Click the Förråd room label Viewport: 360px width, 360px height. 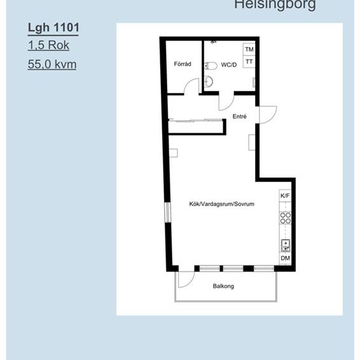182,64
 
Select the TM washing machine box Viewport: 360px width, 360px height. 249,49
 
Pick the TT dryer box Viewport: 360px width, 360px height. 249,62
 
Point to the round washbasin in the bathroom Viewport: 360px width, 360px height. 209,81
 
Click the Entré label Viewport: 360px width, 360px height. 240,116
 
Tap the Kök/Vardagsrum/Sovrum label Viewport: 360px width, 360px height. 222,204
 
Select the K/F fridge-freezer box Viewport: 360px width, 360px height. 286,196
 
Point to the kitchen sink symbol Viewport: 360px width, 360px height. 286,244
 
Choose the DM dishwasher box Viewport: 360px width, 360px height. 286,258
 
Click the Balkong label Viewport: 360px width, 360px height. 223,286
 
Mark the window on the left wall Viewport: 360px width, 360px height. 167,212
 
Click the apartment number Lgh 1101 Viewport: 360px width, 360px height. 53,27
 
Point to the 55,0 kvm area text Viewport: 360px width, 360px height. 52,64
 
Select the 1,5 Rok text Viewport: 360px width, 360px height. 48,45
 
